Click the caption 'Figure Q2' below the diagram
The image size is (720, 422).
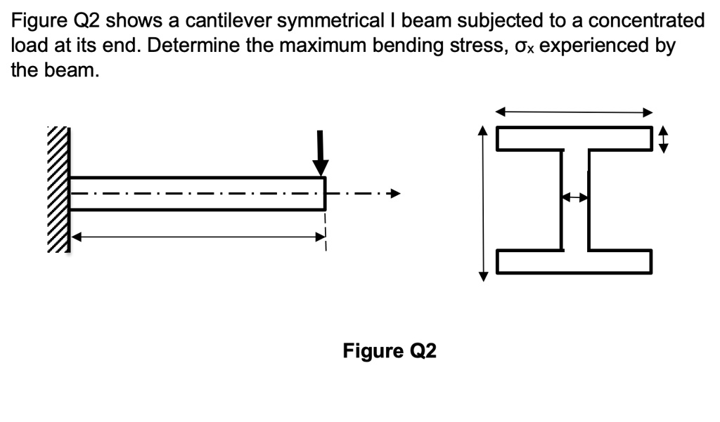tap(390, 350)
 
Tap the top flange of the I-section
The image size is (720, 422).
tap(574, 138)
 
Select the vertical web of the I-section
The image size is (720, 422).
tap(574, 199)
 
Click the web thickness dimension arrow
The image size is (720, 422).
tap(574, 199)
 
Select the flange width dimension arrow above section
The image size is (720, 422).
tap(574, 112)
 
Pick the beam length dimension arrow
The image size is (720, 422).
tap(198, 237)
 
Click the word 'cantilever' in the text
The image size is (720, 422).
tap(227, 20)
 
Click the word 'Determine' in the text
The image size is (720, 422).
tap(181, 46)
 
